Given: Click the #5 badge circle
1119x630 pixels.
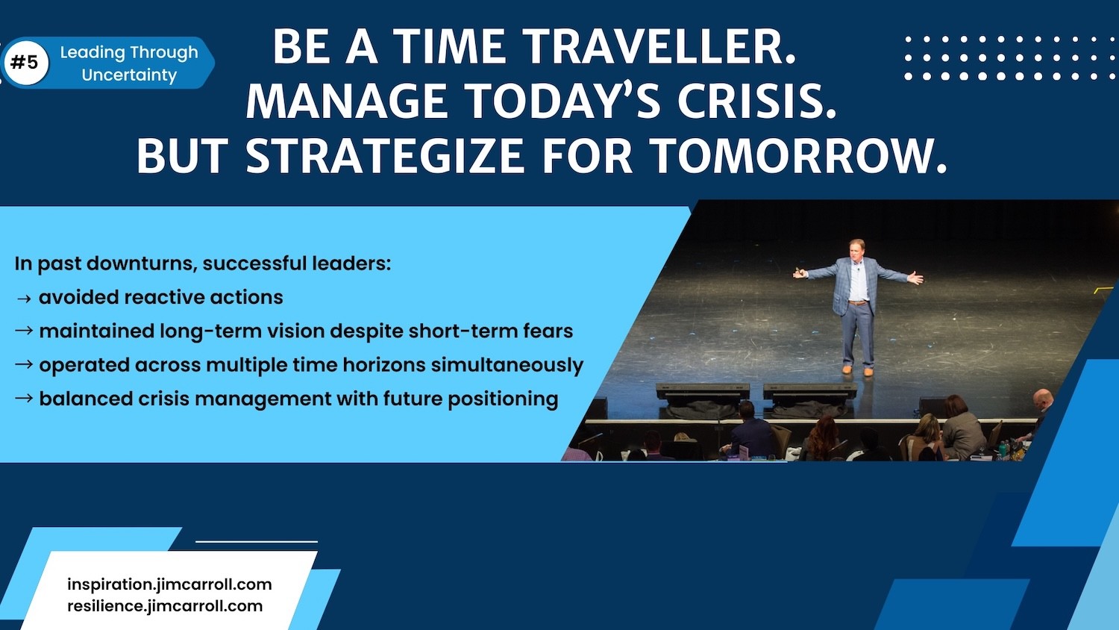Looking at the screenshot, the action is coord(26,63).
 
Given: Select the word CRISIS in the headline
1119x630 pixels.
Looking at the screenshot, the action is coord(756,101).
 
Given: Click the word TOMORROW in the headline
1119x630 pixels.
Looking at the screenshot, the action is coord(799,155).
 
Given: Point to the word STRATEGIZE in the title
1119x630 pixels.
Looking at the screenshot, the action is coord(385,155).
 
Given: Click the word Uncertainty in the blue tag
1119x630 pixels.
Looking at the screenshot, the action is coord(129,75).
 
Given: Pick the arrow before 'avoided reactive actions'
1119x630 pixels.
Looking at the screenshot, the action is coord(24,299).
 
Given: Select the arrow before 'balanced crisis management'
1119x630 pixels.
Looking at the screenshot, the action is coord(24,399).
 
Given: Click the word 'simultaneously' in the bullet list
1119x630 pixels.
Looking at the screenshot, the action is coord(507,366).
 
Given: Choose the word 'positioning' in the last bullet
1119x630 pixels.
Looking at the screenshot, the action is coord(503,399).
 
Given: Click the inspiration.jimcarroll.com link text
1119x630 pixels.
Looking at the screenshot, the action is coord(169,584).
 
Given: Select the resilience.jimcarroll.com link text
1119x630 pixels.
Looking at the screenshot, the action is coord(165,606).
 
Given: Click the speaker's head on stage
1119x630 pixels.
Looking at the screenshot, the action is coord(856,249).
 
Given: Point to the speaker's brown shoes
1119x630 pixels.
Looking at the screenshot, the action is coord(857,370).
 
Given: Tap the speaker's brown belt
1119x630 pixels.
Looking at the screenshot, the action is coord(858,302).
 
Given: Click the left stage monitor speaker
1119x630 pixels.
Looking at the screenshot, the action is coord(703,391).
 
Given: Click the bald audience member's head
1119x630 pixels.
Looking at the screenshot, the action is coord(1043,399).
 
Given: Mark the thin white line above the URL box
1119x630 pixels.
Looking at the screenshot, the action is coord(257,541).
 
